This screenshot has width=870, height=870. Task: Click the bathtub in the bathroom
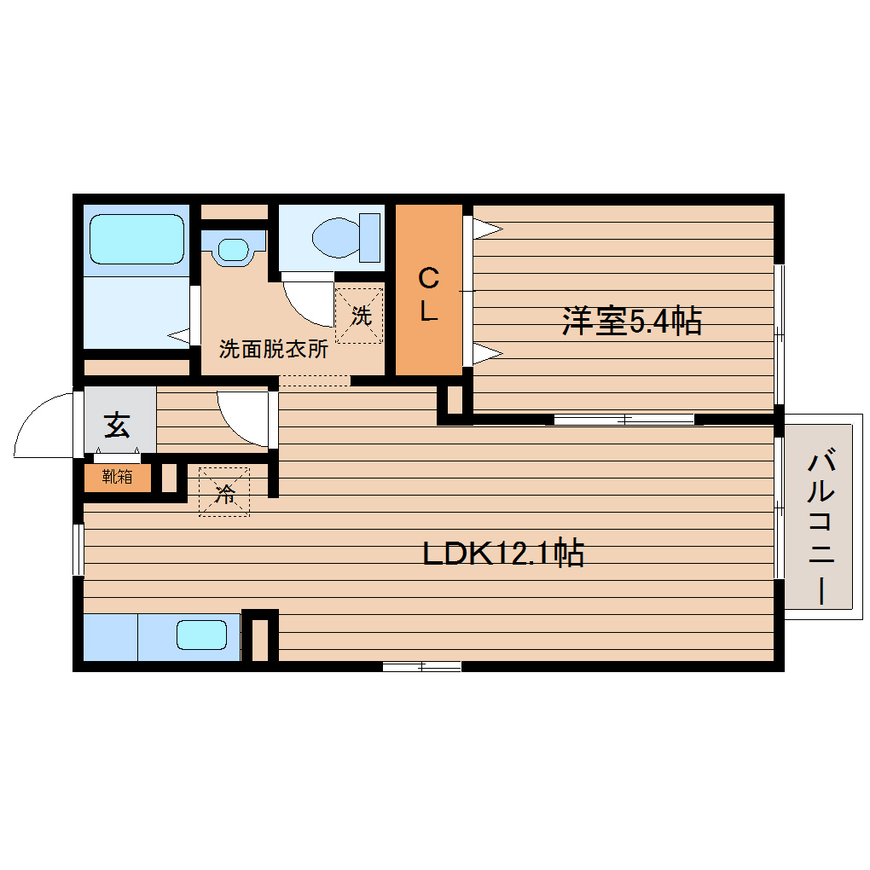pyautogui.click(x=136, y=238)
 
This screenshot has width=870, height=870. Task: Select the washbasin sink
pyautogui.click(x=231, y=249)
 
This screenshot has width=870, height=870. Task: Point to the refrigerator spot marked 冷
pyautogui.click(x=224, y=491)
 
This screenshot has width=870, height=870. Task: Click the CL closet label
pyautogui.click(x=428, y=294)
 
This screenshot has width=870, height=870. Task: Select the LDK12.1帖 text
pyautogui.click(x=503, y=554)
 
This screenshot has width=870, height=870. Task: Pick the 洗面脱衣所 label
pyautogui.click(x=273, y=349)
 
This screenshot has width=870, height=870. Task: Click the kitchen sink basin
pyautogui.click(x=201, y=635)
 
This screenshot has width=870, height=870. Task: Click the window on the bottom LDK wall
pyautogui.click(x=421, y=666)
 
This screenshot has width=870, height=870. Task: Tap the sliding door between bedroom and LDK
pyautogui.click(x=623, y=419)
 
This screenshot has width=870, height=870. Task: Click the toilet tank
pyautogui.click(x=370, y=236)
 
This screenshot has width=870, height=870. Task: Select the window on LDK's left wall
pyautogui.click(x=78, y=549)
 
